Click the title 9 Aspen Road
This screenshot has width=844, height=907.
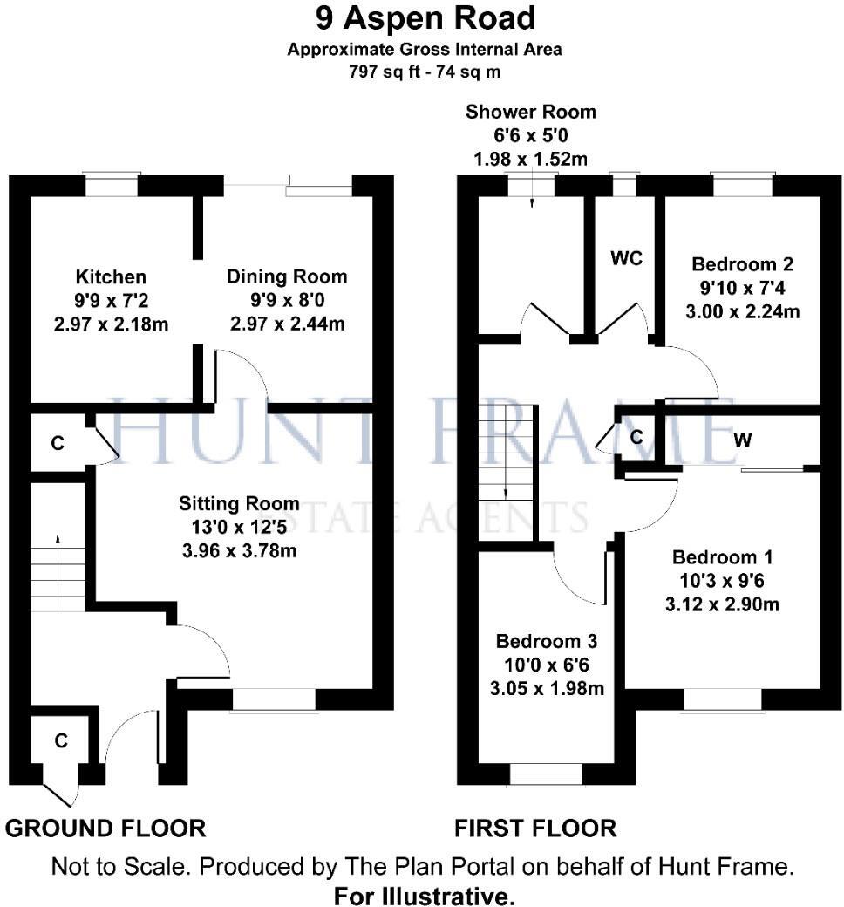[x=425, y=17]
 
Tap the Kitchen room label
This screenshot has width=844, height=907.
[x=111, y=277]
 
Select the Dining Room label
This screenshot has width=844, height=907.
[x=287, y=276]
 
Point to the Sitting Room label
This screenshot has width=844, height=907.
[x=239, y=503]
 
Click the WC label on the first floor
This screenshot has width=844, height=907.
[x=627, y=259]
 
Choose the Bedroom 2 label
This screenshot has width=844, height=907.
[x=742, y=263]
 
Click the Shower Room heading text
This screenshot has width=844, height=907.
[x=531, y=112]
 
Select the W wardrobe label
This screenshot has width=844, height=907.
[x=743, y=440]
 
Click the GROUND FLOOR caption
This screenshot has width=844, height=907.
[x=106, y=828]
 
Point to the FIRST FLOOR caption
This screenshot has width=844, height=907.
[x=535, y=828]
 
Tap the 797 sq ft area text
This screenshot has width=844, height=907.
[x=425, y=72]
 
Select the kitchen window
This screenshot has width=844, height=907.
[x=112, y=185]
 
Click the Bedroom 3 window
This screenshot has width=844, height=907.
[x=546, y=774]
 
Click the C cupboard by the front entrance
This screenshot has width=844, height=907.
[x=60, y=741]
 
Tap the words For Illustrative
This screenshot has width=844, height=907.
[x=425, y=896]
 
